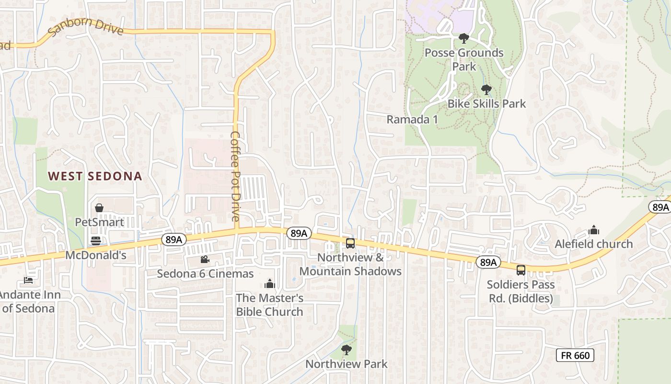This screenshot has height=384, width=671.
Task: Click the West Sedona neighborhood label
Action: coord(95,176)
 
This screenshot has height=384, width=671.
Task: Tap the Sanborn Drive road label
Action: coord(86,27)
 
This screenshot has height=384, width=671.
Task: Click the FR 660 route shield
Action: coord(575,355)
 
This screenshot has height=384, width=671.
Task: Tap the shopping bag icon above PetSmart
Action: coord(99,208)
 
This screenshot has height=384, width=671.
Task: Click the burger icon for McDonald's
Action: coord(96,241)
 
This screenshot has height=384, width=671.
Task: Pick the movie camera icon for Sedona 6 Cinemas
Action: coord(205,260)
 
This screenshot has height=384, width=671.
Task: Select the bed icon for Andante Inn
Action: coord(28,280)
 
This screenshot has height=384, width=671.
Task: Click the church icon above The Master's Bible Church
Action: coord(269,284)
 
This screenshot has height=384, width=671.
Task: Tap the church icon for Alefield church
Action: coord(594,230)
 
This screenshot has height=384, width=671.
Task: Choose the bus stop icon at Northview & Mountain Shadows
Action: coord(350,243)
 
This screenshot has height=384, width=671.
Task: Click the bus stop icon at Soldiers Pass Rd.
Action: coord(521,270)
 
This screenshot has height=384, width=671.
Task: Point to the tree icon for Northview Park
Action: coord(346,349)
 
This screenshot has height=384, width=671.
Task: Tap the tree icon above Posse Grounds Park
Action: coord(463,38)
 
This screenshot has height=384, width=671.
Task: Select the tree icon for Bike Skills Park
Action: coord(486,89)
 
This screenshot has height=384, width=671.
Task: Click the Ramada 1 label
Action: coord(412,120)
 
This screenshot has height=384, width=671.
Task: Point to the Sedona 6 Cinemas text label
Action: coord(205,274)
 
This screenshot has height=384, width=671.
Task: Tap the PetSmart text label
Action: coord(99,222)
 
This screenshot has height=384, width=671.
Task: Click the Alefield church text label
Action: coord(594,244)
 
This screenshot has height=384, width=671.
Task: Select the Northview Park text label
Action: coord(346,364)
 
